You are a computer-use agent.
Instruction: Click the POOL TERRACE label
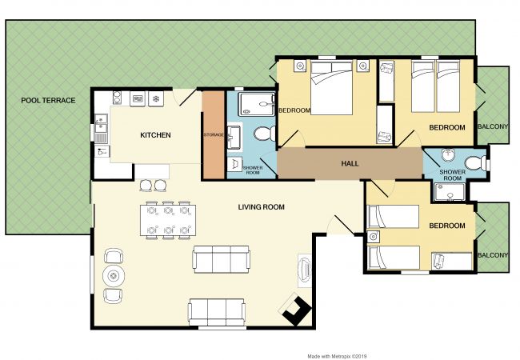click(x=48, y=101)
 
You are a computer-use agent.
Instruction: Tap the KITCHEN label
click(x=155, y=135)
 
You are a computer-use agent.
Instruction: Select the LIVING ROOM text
click(x=262, y=207)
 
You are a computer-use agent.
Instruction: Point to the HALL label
click(x=350, y=163)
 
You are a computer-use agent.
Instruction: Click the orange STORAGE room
click(x=214, y=135)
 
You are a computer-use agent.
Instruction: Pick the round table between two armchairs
click(x=114, y=275)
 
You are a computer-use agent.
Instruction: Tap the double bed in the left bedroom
click(x=331, y=87)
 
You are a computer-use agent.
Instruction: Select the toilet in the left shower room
click(x=265, y=134)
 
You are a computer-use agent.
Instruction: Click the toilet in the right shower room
click(x=475, y=163)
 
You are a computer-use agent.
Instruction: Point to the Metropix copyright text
click(x=337, y=356)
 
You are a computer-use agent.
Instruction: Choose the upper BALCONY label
click(x=493, y=126)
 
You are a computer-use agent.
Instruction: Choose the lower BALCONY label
click(x=493, y=255)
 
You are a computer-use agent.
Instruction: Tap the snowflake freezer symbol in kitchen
click(x=156, y=98)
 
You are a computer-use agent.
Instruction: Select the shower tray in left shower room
click(x=257, y=104)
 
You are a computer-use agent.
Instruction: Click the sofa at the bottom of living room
click(x=217, y=312)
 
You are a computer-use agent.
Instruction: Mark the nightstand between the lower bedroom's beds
click(x=374, y=237)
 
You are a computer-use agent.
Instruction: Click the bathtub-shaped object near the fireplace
click(x=305, y=270)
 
